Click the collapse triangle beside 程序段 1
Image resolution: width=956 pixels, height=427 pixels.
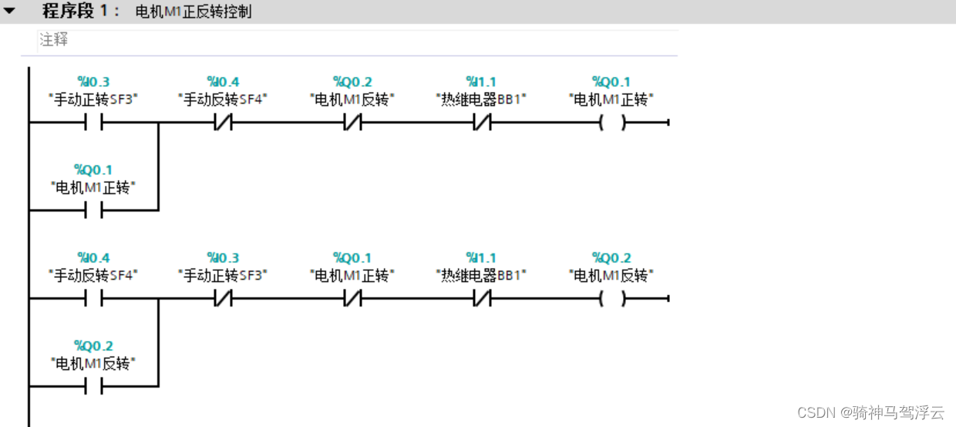10,12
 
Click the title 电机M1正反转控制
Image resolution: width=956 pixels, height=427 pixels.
193,12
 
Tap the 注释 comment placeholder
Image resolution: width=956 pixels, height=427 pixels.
54,40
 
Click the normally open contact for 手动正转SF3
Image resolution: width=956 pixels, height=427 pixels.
93,122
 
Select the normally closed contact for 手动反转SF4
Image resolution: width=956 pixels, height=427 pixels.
223,122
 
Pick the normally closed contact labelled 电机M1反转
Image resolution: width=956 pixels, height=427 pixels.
352,122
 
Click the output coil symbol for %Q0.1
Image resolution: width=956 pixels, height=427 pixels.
611,122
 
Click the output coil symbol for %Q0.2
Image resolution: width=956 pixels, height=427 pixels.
611,298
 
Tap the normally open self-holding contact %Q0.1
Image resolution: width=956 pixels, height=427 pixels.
93,210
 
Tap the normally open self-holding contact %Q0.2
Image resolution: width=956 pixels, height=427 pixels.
93,386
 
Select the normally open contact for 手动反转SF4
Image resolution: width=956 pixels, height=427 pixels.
93,298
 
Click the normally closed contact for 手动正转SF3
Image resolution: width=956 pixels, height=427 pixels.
223,298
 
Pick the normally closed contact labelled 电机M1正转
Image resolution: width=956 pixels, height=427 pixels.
352,298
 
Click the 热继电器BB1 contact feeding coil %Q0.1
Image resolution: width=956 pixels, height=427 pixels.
482,122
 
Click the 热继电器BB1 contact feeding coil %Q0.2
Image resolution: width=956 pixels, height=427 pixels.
482,298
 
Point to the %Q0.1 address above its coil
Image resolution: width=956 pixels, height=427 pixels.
611,82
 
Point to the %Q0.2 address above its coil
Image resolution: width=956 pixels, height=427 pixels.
611,258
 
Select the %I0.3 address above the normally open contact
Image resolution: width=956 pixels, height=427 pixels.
93,82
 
